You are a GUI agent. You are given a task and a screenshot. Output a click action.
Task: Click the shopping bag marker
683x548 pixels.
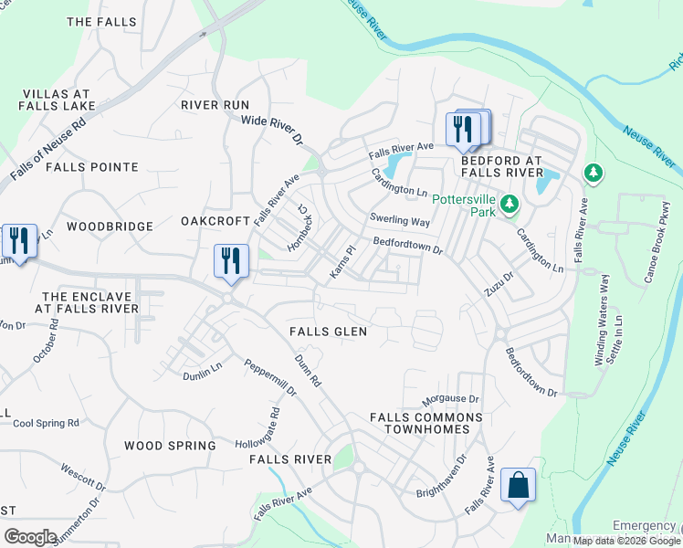(x=518, y=486)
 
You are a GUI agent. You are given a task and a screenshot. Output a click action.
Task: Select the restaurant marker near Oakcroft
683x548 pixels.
(x=231, y=261)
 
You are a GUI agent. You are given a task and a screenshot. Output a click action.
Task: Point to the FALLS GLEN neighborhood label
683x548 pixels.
(x=328, y=332)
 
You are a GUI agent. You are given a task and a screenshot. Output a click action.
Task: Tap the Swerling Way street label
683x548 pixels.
(x=399, y=219)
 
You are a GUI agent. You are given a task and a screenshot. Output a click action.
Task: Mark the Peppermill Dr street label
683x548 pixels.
(x=270, y=376)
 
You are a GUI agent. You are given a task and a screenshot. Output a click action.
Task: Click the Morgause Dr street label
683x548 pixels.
(x=450, y=400)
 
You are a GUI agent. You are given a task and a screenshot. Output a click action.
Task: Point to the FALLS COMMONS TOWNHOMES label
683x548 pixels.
(x=426, y=423)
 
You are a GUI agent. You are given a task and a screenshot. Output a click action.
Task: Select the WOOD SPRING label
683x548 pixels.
(x=170, y=446)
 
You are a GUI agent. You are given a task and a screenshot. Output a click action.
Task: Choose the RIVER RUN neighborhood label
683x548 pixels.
(x=215, y=105)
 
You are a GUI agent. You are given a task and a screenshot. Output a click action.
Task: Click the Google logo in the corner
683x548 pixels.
(x=30, y=537)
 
